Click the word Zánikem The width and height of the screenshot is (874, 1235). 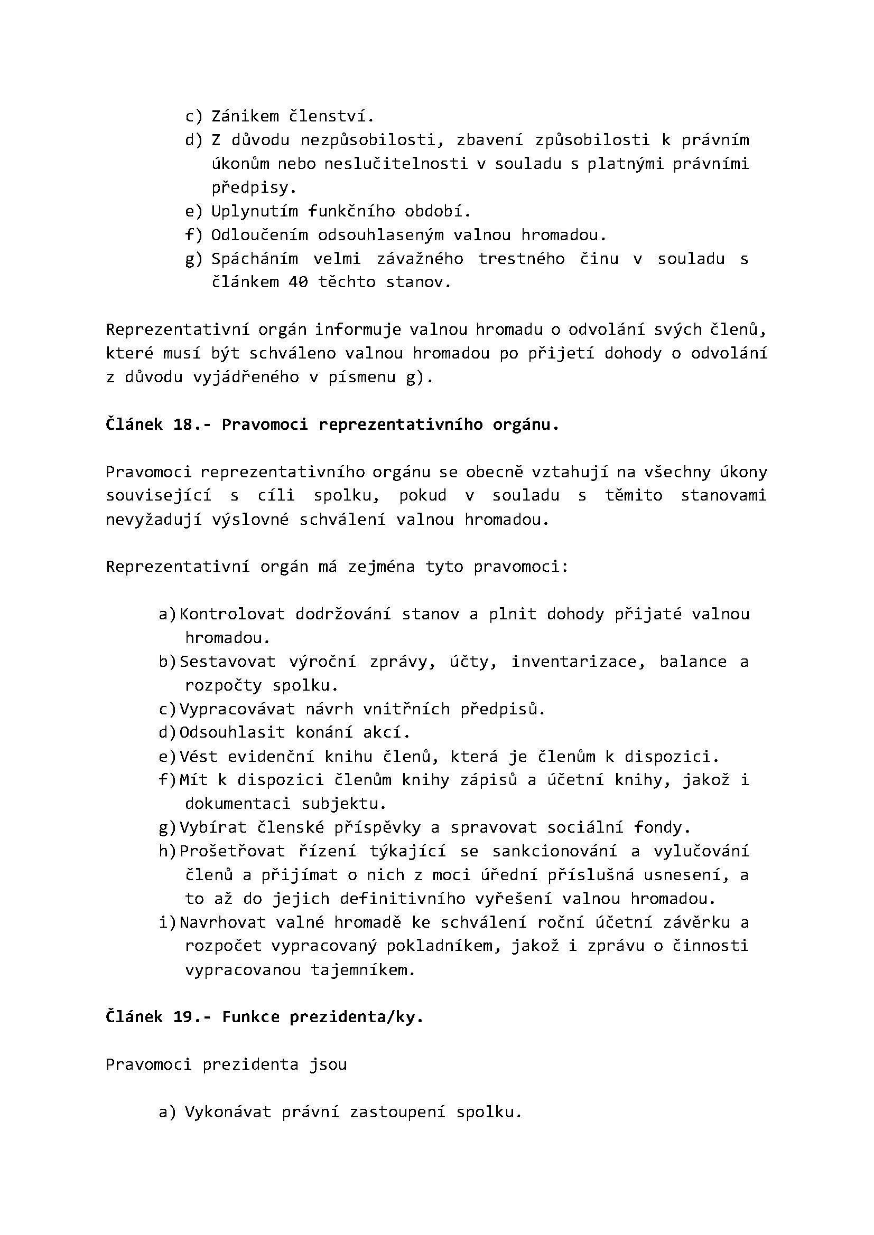245,116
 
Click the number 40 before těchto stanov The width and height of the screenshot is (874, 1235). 298,282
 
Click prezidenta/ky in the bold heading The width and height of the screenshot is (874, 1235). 356,1017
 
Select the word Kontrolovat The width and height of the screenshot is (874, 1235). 232,614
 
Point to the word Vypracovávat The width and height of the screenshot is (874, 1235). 237,709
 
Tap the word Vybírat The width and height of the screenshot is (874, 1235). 212,827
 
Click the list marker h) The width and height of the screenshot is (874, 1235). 168,852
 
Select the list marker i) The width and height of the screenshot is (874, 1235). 168,922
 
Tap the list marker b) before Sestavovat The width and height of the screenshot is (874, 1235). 168,662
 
